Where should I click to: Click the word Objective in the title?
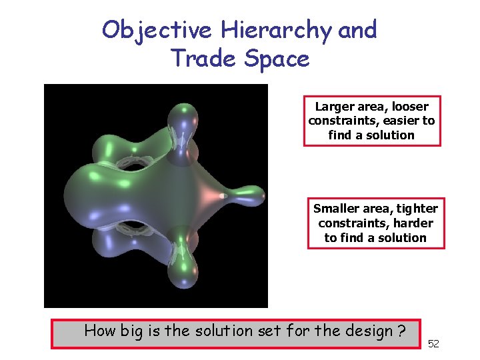tap(157, 29)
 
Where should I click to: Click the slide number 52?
tap(433, 343)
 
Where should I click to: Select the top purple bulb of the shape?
tap(181, 121)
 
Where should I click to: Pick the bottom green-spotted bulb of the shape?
tap(181, 271)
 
